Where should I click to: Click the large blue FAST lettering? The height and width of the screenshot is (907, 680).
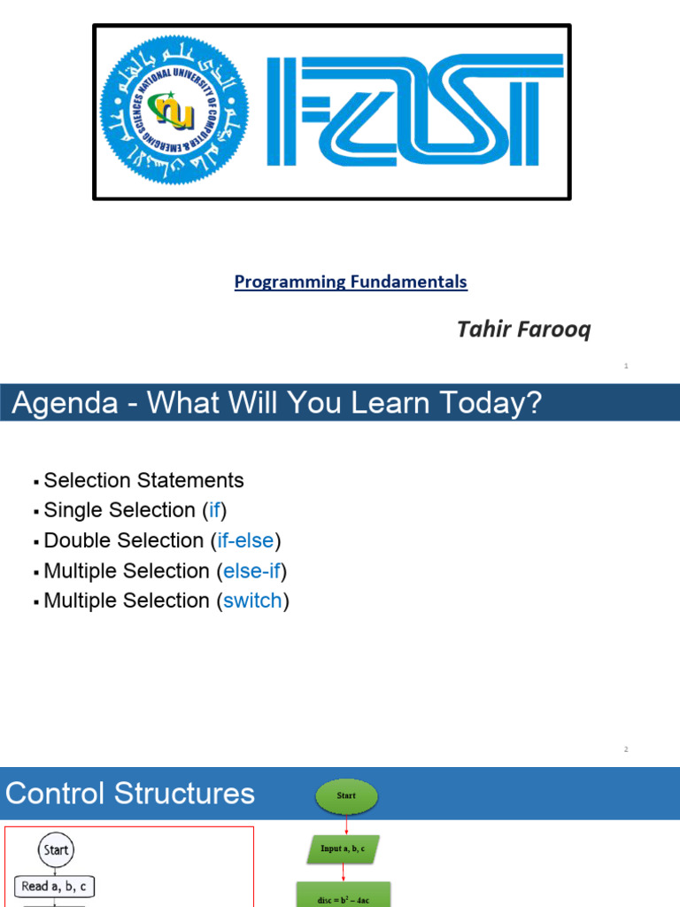pos(414,112)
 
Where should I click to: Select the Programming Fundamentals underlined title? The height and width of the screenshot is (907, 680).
pos(351,282)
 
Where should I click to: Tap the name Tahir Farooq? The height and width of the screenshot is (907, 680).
pos(523,330)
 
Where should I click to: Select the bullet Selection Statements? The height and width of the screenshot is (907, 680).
pos(143,481)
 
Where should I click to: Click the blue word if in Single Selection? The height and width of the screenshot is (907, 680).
pos(214,511)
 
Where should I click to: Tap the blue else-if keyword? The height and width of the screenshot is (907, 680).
pos(249,571)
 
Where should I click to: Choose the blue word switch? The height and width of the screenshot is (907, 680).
pos(252,601)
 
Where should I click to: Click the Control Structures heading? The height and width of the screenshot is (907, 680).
pos(130,793)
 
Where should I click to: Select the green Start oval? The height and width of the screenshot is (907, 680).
pos(346,796)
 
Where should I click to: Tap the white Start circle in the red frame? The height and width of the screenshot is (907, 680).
pos(55,850)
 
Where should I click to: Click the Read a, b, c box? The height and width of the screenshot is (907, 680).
pos(55,886)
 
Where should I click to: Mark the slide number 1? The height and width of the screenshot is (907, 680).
pos(626,366)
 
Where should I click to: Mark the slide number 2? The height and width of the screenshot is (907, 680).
pos(626,750)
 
